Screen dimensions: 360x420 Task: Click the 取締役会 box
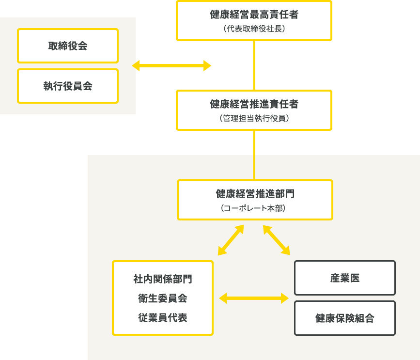click(68, 46)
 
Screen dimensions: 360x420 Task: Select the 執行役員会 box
click(68, 86)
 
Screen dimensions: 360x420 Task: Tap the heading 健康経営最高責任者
click(254, 15)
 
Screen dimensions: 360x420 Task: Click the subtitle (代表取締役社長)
click(254, 29)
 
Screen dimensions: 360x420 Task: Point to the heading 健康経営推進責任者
click(254, 104)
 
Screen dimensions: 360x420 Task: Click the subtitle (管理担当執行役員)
click(254, 118)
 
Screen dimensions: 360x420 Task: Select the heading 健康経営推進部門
click(255, 194)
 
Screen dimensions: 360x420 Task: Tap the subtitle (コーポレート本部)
click(255, 208)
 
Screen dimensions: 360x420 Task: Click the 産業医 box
click(345, 278)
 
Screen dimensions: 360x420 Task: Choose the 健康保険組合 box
click(345, 318)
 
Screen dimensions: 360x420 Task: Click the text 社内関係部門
click(163, 279)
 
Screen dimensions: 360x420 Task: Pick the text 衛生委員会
click(163, 298)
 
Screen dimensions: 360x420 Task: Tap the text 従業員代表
click(163, 318)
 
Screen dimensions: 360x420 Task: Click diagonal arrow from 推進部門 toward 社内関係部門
click(231, 240)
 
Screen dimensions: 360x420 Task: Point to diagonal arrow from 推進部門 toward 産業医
click(277, 240)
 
